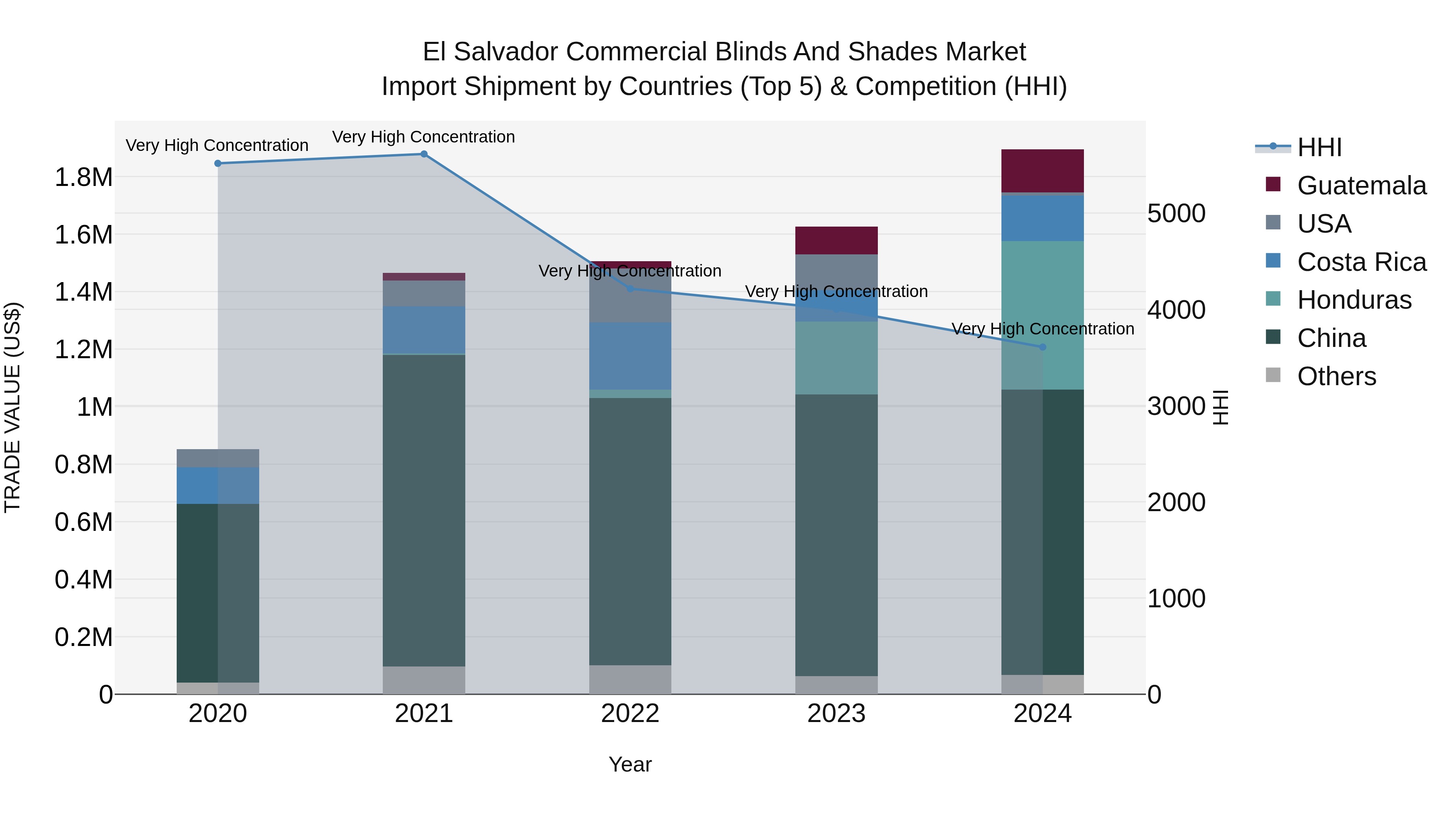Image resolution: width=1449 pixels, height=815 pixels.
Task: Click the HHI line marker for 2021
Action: (x=424, y=154)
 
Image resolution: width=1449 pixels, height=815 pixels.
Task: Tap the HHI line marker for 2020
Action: (x=218, y=164)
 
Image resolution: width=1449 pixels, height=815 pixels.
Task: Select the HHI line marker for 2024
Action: (x=1042, y=347)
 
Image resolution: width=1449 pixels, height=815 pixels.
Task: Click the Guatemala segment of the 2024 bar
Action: (x=1042, y=171)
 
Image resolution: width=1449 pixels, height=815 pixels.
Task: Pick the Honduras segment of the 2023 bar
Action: (x=836, y=358)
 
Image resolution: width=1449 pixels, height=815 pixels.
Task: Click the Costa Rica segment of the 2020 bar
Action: (x=218, y=485)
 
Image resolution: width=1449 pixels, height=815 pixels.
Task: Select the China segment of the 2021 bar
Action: (x=424, y=510)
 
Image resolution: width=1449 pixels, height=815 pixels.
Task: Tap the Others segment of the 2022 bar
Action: (x=630, y=679)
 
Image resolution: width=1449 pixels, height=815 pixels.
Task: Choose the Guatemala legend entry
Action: (x=1361, y=186)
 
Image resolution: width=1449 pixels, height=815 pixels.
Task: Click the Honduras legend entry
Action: (x=1354, y=300)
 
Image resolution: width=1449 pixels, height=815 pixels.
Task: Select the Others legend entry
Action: (x=1336, y=376)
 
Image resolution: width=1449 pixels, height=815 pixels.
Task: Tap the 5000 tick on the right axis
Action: (x=1176, y=214)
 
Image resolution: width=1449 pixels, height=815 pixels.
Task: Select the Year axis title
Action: (x=630, y=764)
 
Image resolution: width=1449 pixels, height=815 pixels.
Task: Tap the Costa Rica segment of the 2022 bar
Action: (x=630, y=356)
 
